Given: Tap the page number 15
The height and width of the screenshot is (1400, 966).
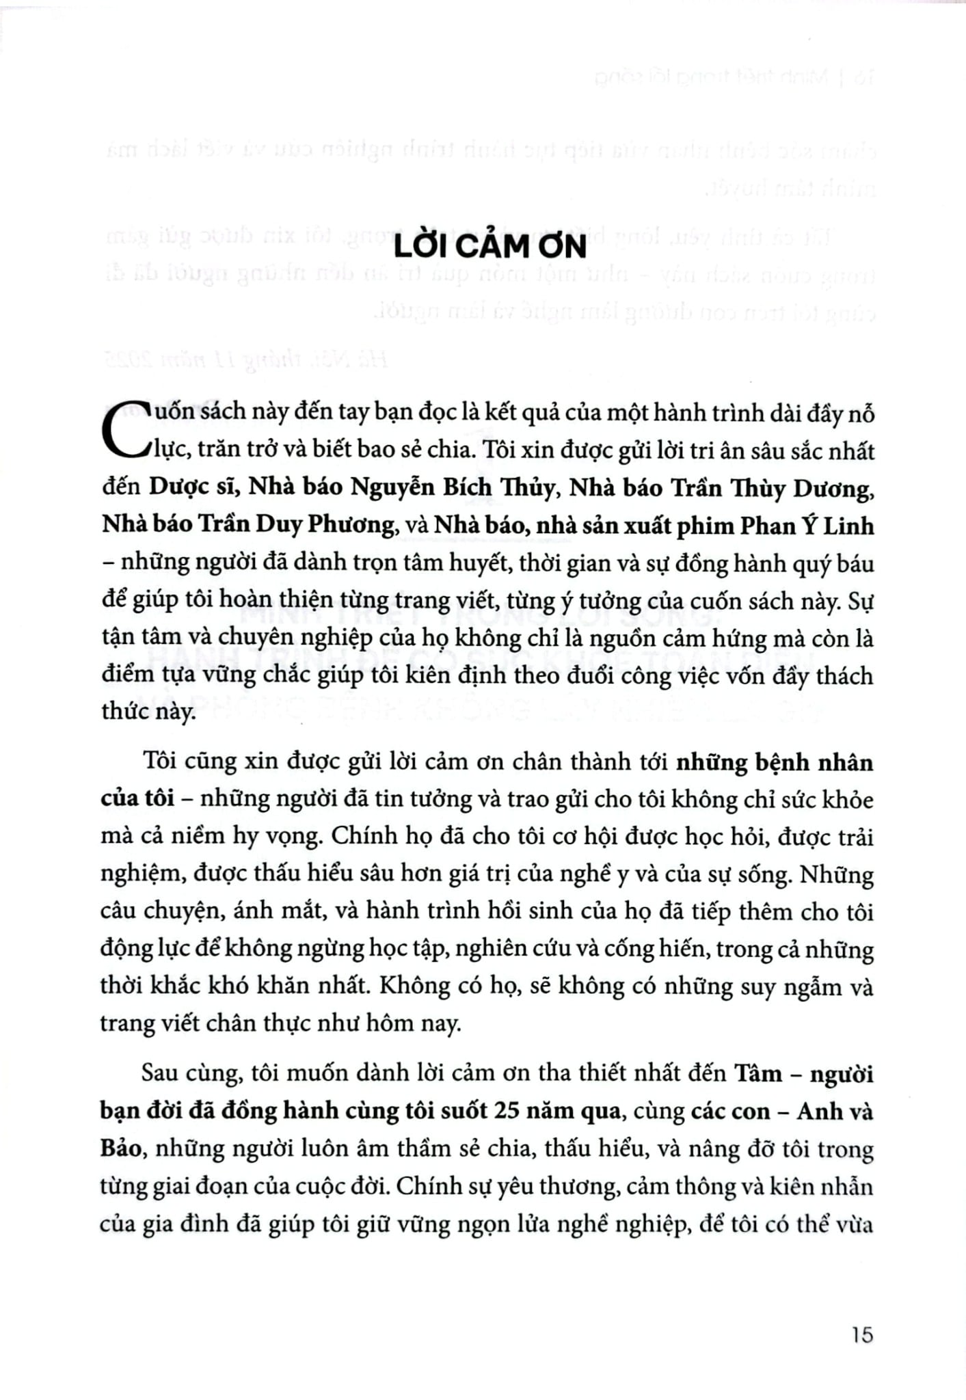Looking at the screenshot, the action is pos(862,1334).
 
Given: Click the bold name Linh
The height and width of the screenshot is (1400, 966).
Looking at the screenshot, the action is pos(848,525).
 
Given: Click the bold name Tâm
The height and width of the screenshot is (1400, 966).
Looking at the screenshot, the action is pos(757,1073).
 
